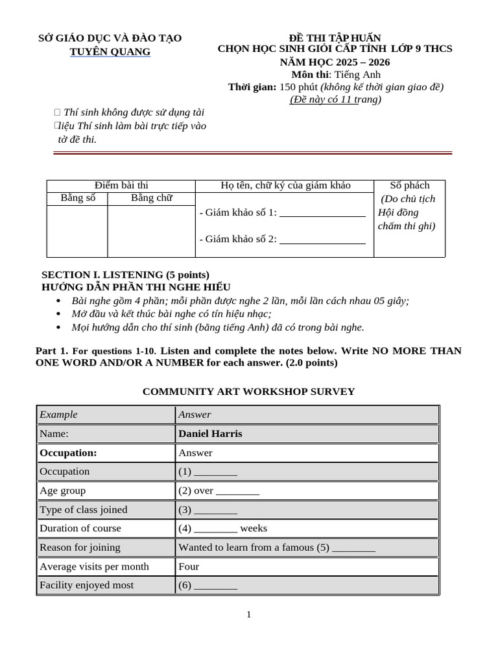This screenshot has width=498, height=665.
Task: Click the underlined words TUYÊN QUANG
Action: tap(110, 51)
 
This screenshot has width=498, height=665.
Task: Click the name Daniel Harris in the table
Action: tap(210, 433)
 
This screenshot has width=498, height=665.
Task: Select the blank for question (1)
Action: tap(215, 471)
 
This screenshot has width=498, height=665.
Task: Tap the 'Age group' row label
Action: tap(62, 490)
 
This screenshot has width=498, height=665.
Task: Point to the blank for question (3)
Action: tap(215, 510)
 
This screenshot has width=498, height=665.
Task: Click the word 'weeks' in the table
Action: tap(254, 528)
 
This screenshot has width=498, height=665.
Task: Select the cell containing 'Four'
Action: tap(189, 566)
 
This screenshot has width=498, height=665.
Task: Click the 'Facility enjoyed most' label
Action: tap(86, 585)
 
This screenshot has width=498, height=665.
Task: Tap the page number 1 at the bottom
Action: tap(248, 614)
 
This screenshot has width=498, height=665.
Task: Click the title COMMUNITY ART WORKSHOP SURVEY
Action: tap(248, 391)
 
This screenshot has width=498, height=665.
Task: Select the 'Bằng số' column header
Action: tap(78, 198)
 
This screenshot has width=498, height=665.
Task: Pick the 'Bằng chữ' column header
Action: tap(151, 198)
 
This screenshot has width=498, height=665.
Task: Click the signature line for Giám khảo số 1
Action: tap(322, 213)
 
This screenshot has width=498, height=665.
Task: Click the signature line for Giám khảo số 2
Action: tap(322, 240)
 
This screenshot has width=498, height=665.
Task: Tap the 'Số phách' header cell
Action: tap(409, 186)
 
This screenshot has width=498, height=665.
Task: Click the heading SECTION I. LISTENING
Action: tap(125, 275)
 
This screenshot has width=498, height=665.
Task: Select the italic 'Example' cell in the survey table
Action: tap(58, 414)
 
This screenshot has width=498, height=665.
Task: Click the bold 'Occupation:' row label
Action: tap(68, 453)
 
